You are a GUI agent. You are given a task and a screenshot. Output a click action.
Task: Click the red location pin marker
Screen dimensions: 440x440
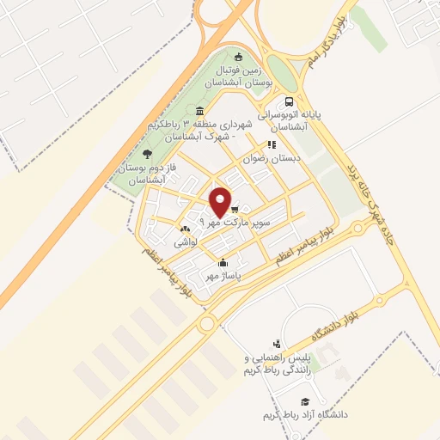pyautogui.click(x=222, y=201)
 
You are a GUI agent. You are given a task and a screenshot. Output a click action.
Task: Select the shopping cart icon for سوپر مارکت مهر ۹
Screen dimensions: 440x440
pyautogui.click(x=234, y=209)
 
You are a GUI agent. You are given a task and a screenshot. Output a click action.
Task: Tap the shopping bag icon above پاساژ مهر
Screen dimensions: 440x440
pyautogui.click(x=223, y=263)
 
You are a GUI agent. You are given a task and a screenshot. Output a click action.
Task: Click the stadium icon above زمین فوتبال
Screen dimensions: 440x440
pyautogui.click(x=239, y=57)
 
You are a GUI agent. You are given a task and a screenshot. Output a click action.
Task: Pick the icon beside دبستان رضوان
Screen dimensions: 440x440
pyautogui.click(x=272, y=145)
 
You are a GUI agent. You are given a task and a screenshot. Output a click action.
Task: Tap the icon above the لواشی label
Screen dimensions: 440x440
pyautogui.click(x=184, y=229)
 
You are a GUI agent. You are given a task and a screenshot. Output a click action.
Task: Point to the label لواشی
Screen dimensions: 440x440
pyautogui.click(x=186, y=243)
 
